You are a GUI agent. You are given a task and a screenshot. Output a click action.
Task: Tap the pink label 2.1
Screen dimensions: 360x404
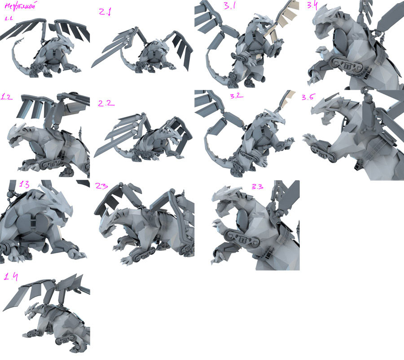pyautogui.click(x=105, y=12)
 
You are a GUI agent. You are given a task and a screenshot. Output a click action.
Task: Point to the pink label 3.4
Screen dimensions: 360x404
pyautogui.click(x=313, y=6)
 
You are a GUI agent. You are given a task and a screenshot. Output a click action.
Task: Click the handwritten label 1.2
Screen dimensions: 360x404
pyautogui.click(x=7, y=96)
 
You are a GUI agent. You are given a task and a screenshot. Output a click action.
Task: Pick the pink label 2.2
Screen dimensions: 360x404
pyautogui.click(x=106, y=103)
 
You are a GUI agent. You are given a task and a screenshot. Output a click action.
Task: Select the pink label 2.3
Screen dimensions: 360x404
pyautogui.click(x=103, y=185)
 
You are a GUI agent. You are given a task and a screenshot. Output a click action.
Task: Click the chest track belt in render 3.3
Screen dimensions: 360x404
pyautogui.click(x=241, y=235)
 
